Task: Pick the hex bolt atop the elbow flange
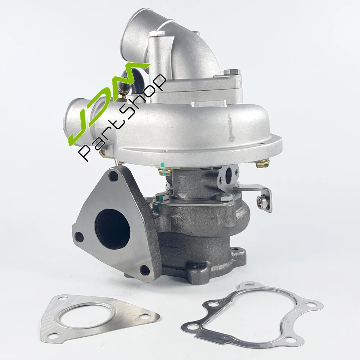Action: click(x=231, y=72)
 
